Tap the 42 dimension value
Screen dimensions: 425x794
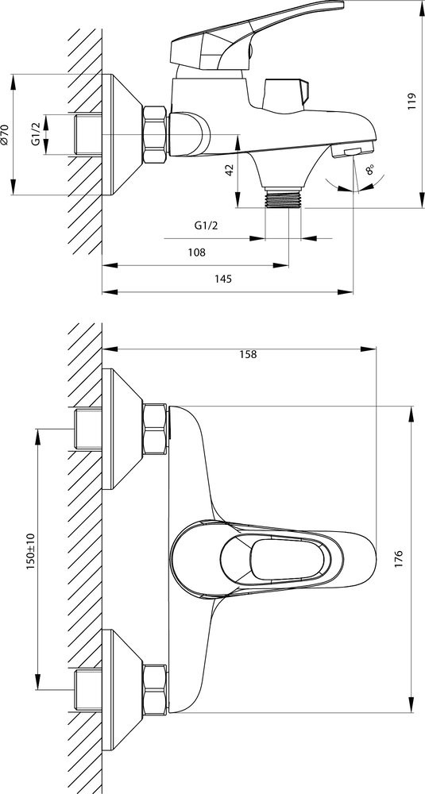coord(230,170)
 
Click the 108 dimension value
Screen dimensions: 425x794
coord(196,252)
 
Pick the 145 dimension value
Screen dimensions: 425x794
coord(223,279)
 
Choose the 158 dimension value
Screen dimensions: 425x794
coord(248,354)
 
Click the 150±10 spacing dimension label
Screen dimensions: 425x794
coord(29,552)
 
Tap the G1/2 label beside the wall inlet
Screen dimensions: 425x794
coord(36,134)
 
